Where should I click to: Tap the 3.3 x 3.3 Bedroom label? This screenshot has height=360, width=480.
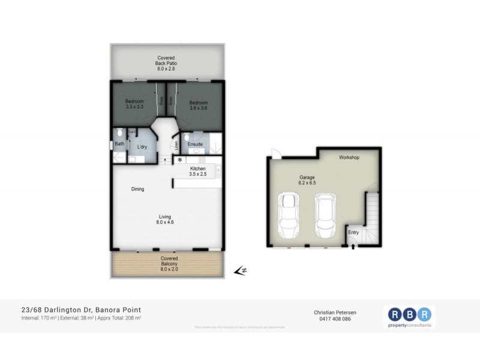coord(134,104)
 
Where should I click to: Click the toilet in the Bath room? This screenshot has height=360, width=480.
coord(120,133)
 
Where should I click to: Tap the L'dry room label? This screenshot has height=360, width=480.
coord(142,147)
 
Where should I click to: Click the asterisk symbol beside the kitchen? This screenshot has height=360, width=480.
coord(179,161)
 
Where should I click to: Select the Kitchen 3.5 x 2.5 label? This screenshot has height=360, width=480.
coord(198,172)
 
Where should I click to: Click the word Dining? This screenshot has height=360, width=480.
coord(138,189)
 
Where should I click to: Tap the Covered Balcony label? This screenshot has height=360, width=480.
coord(169,264)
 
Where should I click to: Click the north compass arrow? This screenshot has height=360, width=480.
coord(241,271)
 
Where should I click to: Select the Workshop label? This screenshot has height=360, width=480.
coord(349,158)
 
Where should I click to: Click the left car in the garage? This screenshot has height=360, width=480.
coord(289,216)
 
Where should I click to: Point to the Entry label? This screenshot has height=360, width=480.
coord(353,233)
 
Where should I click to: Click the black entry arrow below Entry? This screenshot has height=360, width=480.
coord(353,245)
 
